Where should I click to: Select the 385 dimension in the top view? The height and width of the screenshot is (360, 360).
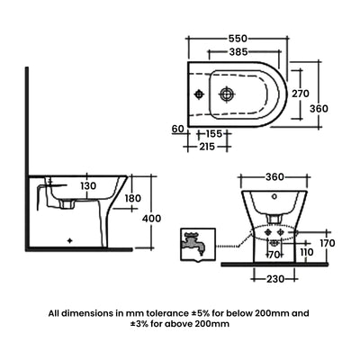238,54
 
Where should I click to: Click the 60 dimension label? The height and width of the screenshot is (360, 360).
176,130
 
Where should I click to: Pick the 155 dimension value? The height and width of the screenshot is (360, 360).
212,132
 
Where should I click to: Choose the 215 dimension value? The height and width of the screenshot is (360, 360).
207,146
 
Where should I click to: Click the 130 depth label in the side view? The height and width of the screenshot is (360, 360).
86,186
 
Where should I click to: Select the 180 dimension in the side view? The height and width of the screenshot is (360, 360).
132,199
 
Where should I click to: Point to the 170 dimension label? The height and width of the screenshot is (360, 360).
328,242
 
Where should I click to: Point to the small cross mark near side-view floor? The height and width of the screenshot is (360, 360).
72,241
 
